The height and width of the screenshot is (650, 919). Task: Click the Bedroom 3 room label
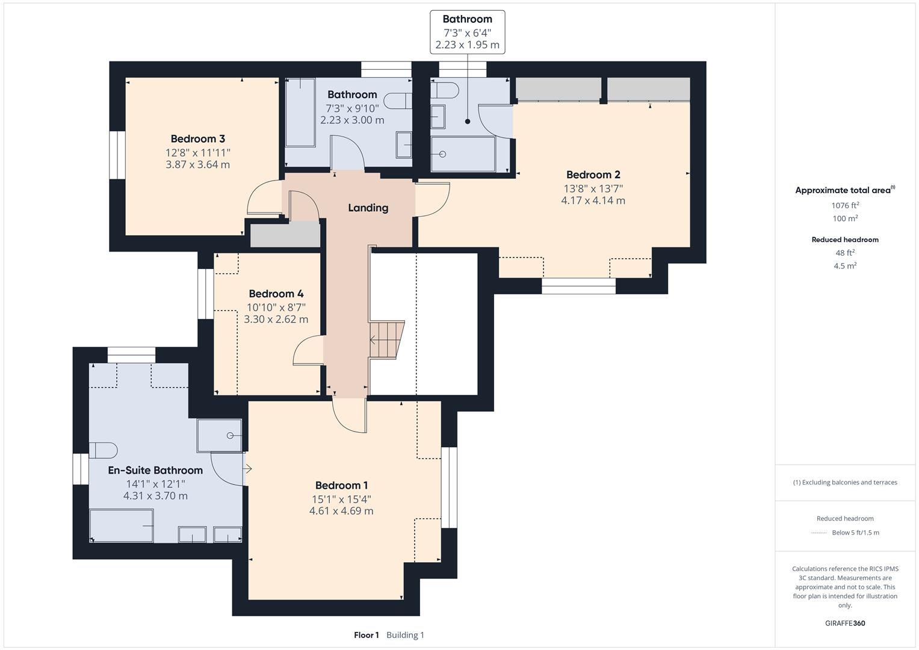click(197, 139)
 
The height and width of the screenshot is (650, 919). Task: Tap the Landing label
click(368, 208)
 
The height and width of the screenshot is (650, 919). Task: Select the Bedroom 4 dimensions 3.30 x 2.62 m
click(276, 320)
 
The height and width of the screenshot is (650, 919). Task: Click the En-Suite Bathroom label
click(155, 471)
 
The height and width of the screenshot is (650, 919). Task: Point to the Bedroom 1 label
click(341, 486)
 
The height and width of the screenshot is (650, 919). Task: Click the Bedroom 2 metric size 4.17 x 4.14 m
click(593, 201)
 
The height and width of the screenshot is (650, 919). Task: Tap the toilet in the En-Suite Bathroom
click(102, 450)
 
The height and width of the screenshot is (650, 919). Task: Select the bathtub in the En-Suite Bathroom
click(121, 525)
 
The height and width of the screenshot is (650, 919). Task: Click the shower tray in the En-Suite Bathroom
click(220, 435)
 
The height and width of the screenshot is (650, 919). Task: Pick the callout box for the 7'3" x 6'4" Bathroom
click(467, 32)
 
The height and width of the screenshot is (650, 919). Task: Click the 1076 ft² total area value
click(845, 205)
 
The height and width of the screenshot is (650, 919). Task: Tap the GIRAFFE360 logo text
click(845, 624)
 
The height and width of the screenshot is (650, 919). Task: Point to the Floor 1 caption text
click(366, 635)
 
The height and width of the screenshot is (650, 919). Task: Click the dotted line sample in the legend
click(819, 533)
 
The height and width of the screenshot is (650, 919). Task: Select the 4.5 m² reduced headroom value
click(845, 266)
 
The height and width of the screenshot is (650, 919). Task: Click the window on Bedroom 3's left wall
click(117, 155)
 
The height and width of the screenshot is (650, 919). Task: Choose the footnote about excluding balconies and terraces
click(845, 483)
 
